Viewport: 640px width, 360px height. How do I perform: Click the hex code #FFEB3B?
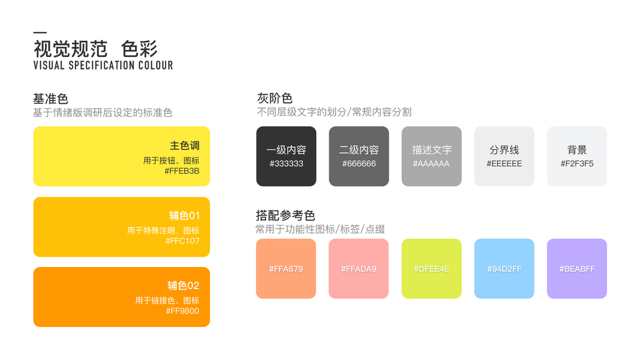(182, 171)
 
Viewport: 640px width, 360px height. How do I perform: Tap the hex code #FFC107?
(182, 241)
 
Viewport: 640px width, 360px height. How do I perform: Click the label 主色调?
(184, 146)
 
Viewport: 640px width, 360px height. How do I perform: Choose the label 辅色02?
(183, 286)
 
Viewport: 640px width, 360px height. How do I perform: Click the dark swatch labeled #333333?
(286, 156)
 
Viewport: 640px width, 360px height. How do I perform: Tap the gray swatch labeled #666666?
(359, 156)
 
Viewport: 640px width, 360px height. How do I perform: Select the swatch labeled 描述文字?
(431, 156)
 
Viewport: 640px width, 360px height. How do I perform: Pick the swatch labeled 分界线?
(504, 156)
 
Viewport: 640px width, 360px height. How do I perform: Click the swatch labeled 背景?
(576, 156)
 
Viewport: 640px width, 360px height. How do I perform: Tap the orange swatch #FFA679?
(286, 268)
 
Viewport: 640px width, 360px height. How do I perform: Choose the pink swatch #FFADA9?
(359, 268)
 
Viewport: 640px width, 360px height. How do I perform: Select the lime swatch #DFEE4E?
(431, 268)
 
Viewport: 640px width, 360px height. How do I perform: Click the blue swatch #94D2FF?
(504, 268)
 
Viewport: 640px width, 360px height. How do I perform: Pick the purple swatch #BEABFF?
(576, 268)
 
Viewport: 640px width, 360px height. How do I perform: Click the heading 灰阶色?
(274, 98)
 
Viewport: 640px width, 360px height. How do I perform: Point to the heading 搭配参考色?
(286, 215)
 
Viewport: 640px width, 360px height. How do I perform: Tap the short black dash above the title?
(40, 32)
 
